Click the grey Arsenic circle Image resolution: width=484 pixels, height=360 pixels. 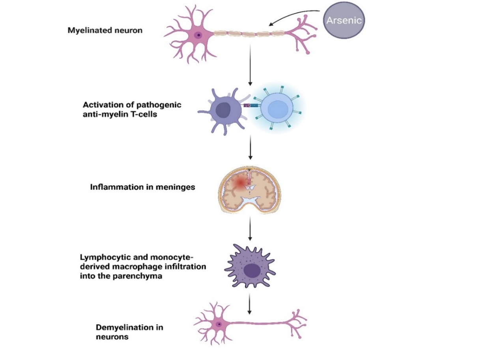point(344,20)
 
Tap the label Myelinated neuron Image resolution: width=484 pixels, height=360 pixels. point(105,30)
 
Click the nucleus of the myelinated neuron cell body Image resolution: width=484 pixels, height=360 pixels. point(199,35)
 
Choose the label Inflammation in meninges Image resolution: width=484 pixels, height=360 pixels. point(142,187)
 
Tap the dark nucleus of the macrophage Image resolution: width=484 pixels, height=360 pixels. point(252,271)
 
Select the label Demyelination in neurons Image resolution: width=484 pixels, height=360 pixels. point(129,332)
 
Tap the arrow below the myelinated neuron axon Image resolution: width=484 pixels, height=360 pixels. point(250,65)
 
